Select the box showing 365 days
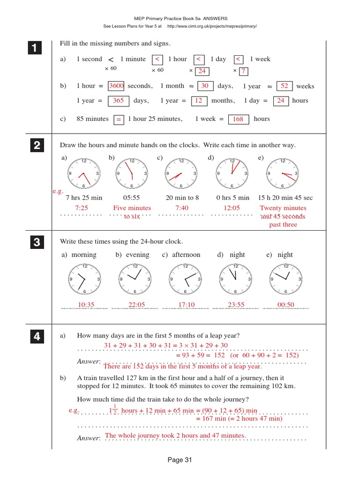(x=118, y=101)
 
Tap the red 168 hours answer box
(x=238, y=120)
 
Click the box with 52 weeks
(x=284, y=86)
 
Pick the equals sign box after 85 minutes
(x=119, y=120)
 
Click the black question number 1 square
(x=34, y=48)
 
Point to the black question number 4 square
(x=34, y=337)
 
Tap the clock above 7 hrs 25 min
(x=84, y=174)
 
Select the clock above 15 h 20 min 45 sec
(x=282, y=174)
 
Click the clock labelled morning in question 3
(x=84, y=279)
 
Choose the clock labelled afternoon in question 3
(x=185, y=279)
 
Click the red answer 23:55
(x=236, y=305)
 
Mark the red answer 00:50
(x=285, y=305)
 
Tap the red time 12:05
(x=232, y=208)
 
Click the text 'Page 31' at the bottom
(x=180, y=460)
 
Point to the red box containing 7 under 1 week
(x=243, y=71)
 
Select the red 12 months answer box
(x=198, y=101)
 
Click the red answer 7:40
(x=181, y=208)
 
